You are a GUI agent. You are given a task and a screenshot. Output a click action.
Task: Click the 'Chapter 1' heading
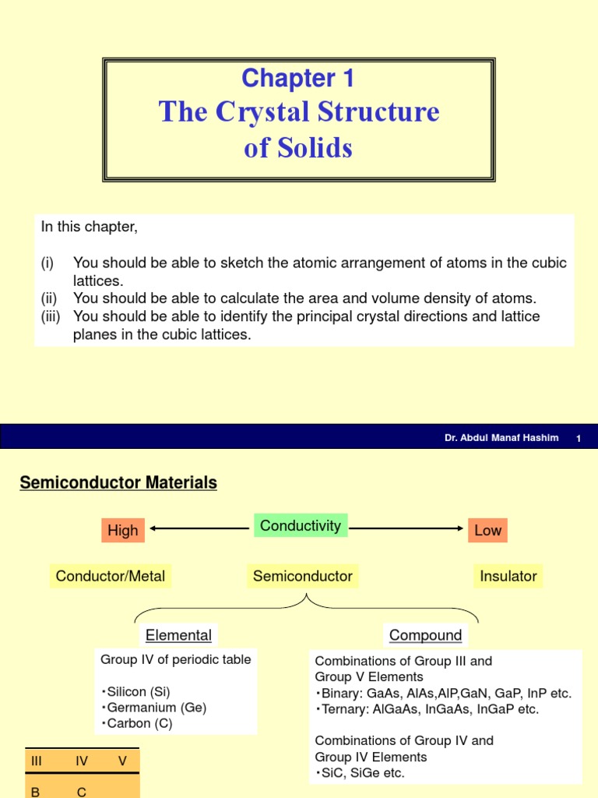point(298,78)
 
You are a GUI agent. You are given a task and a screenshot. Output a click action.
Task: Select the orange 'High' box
point(122,531)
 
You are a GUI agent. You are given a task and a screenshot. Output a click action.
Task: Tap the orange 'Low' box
point(488,531)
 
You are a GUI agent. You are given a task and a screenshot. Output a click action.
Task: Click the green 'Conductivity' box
point(301,526)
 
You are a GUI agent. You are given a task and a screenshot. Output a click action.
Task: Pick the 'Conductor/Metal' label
point(111,577)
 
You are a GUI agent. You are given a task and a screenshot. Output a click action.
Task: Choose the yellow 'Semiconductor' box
point(303,577)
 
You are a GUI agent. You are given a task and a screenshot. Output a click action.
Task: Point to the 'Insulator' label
point(508,577)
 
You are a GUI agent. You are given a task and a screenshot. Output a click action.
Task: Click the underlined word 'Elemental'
point(178,635)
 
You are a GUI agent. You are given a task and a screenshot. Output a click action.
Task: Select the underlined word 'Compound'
point(425,635)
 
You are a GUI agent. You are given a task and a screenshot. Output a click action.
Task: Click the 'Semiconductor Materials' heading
point(118,483)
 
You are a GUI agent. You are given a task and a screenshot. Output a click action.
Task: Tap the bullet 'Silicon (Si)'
point(137,692)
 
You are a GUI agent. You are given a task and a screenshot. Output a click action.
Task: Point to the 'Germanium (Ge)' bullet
point(156,708)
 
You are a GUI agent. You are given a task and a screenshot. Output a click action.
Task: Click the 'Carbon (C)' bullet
point(139,723)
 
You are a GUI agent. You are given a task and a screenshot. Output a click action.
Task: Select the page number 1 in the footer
point(579,439)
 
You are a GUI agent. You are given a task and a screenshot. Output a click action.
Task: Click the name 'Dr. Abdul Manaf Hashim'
point(501,438)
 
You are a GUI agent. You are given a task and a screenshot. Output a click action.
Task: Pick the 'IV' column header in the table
point(82,761)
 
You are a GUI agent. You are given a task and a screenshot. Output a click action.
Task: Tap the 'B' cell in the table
point(35,792)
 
